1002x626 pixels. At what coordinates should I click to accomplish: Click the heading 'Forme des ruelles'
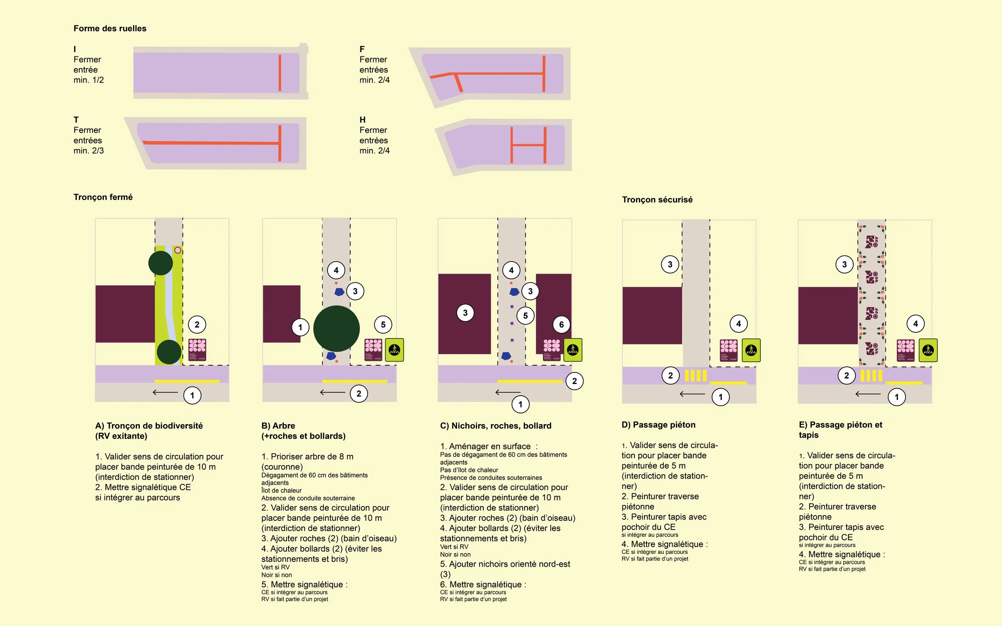pos(110,28)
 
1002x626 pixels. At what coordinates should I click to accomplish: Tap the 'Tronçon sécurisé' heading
pos(657,199)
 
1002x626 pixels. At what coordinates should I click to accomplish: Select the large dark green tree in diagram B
pos(336,328)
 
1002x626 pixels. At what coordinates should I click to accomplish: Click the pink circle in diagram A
pos(178,250)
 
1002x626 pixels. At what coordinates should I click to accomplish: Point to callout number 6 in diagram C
pos(561,324)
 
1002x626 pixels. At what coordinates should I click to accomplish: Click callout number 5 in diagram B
pos(383,324)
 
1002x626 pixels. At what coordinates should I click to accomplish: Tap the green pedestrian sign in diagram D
pos(751,350)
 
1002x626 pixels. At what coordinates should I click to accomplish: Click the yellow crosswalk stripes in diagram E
pos(871,376)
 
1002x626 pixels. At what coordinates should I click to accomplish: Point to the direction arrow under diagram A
pos(165,393)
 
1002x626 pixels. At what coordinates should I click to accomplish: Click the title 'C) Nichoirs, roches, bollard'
pos(495,426)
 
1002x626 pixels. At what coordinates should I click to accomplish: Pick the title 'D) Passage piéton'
pos(658,425)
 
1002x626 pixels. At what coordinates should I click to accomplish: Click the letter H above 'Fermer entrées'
pos(362,120)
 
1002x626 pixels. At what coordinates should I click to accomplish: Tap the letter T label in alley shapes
pos(76,120)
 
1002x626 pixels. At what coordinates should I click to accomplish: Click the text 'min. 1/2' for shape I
pos(89,80)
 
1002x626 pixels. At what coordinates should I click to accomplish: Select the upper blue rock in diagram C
pos(514,292)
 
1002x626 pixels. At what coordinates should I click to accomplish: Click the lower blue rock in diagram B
pos(331,356)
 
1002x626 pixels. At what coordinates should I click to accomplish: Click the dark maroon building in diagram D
pos(652,316)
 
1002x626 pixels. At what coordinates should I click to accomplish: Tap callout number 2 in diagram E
pos(846,376)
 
